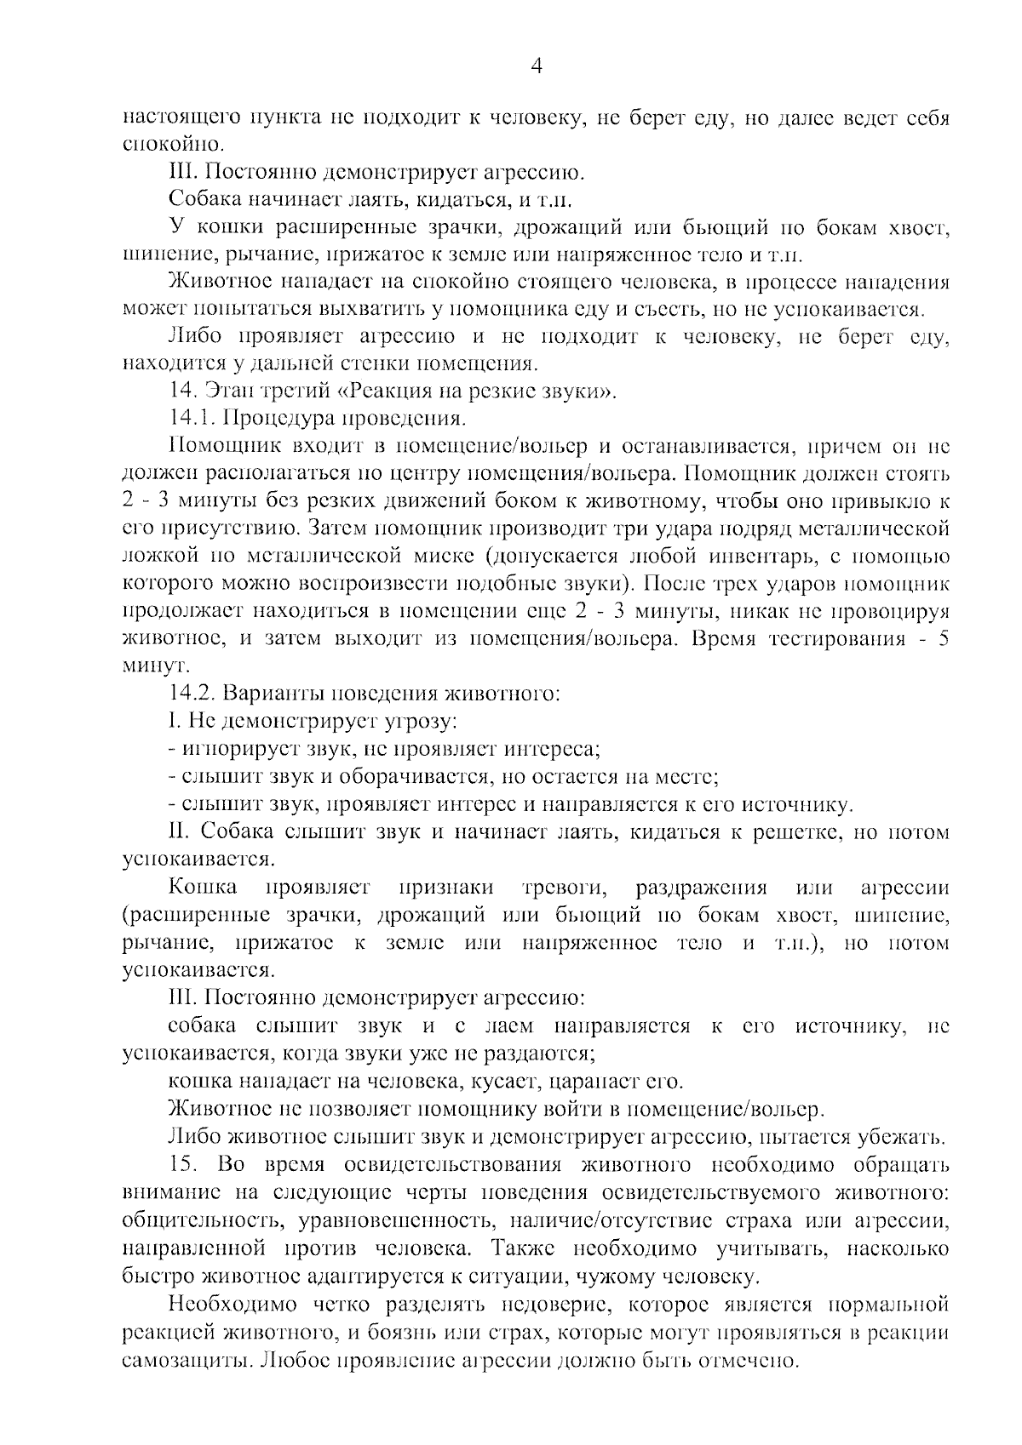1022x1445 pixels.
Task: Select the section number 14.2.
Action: pyautogui.click(x=190, y=694)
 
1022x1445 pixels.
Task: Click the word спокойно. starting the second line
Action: pyautogui.click(x=174, y=145)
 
